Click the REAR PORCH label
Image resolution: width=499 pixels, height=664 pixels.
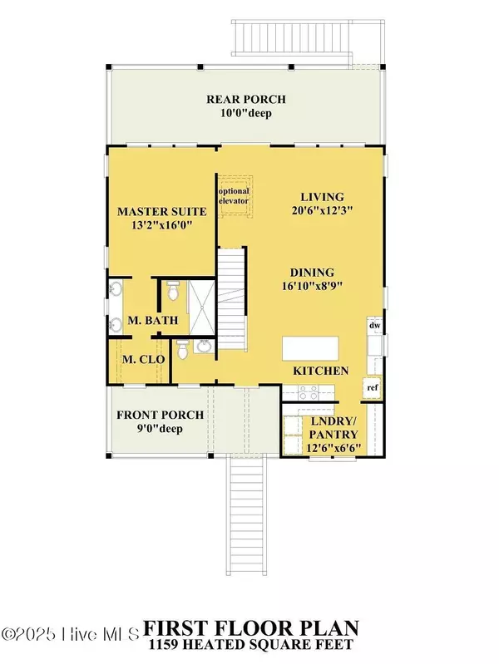[x=246, y=100]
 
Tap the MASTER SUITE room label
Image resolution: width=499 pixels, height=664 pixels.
[x=162, y=211]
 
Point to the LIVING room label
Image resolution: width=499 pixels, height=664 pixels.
[x=322, y=197]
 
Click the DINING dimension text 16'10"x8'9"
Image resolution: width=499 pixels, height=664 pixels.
[x=312, y=286]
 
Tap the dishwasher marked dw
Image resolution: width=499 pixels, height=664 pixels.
[x=375, y=326]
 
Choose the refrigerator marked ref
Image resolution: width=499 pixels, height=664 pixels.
[x=373, y=387]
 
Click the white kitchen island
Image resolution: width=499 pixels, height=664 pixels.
[x=311, y=348]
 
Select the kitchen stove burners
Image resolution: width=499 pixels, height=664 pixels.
[x=308, y=392]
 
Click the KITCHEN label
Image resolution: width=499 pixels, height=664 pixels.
[x=321, y=371]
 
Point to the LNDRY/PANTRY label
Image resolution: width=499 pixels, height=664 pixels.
[x=333, y=428]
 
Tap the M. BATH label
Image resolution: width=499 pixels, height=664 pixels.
[x=153, y=320]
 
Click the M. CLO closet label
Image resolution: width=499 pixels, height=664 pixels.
[x=143, y=360]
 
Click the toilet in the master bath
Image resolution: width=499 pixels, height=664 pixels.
[x=173, y=291]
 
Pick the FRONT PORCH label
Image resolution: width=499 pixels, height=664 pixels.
[x=161, y=415]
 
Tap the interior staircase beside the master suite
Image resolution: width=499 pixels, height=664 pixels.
[x=232, y=298]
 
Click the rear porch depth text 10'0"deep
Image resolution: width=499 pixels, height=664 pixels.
[x=246, y=114]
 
